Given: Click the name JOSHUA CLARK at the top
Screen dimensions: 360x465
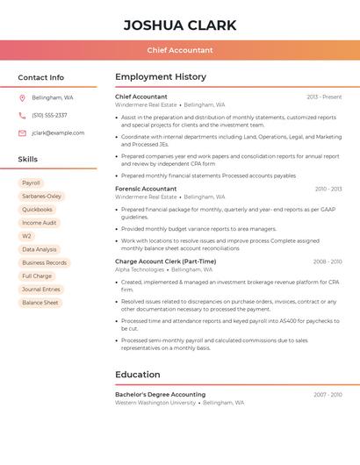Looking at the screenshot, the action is pos(180,25).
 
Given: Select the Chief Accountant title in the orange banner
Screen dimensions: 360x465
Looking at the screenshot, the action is pos(180,50).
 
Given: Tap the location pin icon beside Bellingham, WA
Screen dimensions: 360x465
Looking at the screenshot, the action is pos(22,97).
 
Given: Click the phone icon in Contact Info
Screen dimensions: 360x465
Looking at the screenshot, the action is pos(22,115).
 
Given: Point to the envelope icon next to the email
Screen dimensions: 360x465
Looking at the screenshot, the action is pos(22,133).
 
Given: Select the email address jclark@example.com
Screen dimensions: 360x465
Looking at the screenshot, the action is pos(58,133).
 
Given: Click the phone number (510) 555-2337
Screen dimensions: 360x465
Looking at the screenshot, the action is pos(49,115).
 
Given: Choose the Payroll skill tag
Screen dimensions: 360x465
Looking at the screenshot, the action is pos(31,183).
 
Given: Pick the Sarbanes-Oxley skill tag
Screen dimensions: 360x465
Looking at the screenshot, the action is pos(41,197).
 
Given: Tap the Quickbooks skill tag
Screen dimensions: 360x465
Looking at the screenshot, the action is pos(37,210).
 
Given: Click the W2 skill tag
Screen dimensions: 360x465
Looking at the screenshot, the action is pos(26,236).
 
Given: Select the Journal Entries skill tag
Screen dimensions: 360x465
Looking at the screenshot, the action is pos(41,290).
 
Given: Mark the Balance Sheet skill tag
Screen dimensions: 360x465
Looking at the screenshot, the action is pos(40,303).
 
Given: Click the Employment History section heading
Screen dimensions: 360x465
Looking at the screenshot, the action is pos(160,77).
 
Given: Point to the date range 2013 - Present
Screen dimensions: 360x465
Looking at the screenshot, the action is pos(324,97).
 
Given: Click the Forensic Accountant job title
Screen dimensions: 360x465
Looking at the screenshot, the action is pos(146,189).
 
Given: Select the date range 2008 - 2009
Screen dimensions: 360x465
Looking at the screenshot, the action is pos(327,261).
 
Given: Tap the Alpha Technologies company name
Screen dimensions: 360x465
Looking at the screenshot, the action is pos(140,270).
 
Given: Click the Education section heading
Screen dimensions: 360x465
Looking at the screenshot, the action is pos(137,375).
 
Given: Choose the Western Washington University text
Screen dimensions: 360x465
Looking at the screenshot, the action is pos(155,403).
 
